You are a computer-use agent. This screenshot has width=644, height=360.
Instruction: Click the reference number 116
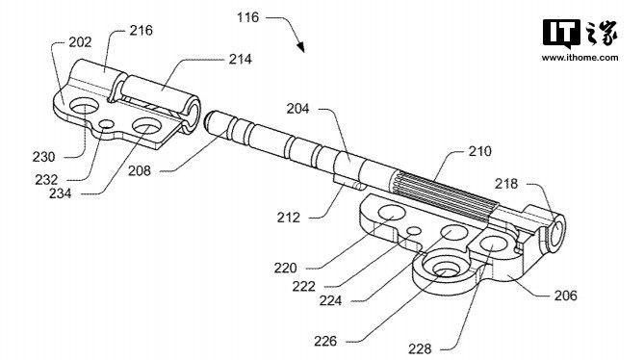(x=248, y=17)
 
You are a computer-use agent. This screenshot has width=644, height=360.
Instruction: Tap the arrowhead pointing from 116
(x=300, y=46)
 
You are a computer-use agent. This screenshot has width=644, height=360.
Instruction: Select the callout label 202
(x=80, y=42)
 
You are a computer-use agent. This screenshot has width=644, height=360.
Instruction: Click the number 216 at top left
(x=141, y=31)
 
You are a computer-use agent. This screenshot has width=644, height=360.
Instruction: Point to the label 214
(x=241, y=59)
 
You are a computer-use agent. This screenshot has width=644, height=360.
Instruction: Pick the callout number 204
(x=297, y=109)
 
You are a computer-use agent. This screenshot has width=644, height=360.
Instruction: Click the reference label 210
(x=479, y=151)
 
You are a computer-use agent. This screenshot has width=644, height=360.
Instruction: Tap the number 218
(x=506, y=184)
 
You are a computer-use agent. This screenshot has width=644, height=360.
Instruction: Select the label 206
(x=566, y=296)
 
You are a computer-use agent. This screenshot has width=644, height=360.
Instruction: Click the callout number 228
(x=420, y=348)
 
